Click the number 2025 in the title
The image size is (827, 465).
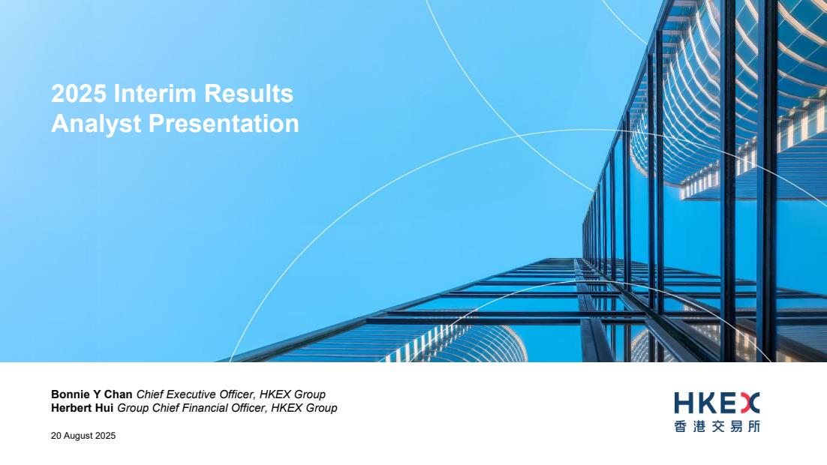[79, 94]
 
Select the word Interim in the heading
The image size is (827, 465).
[155, 94]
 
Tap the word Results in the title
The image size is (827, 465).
[248, 94]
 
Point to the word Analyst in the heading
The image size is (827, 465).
[97, 124]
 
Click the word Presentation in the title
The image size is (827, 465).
[224, 123]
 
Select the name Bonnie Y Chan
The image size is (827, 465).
[92, 394]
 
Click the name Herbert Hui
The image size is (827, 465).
[83, 408]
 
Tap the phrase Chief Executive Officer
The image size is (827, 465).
[194, 394]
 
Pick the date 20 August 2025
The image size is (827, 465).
[83, 436]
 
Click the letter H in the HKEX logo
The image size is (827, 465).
[684, 403]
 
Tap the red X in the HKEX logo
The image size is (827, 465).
[750, 403]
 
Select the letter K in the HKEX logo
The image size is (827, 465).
[705, 403]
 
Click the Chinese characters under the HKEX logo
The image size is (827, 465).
[717, 426]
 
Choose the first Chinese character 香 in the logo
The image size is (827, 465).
[681, 426]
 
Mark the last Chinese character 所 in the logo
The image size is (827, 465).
[753, 426]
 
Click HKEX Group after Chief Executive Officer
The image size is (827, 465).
[292, 394]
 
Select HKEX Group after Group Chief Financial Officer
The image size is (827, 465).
[304, 408]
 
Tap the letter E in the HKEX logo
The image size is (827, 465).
[727, 403]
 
